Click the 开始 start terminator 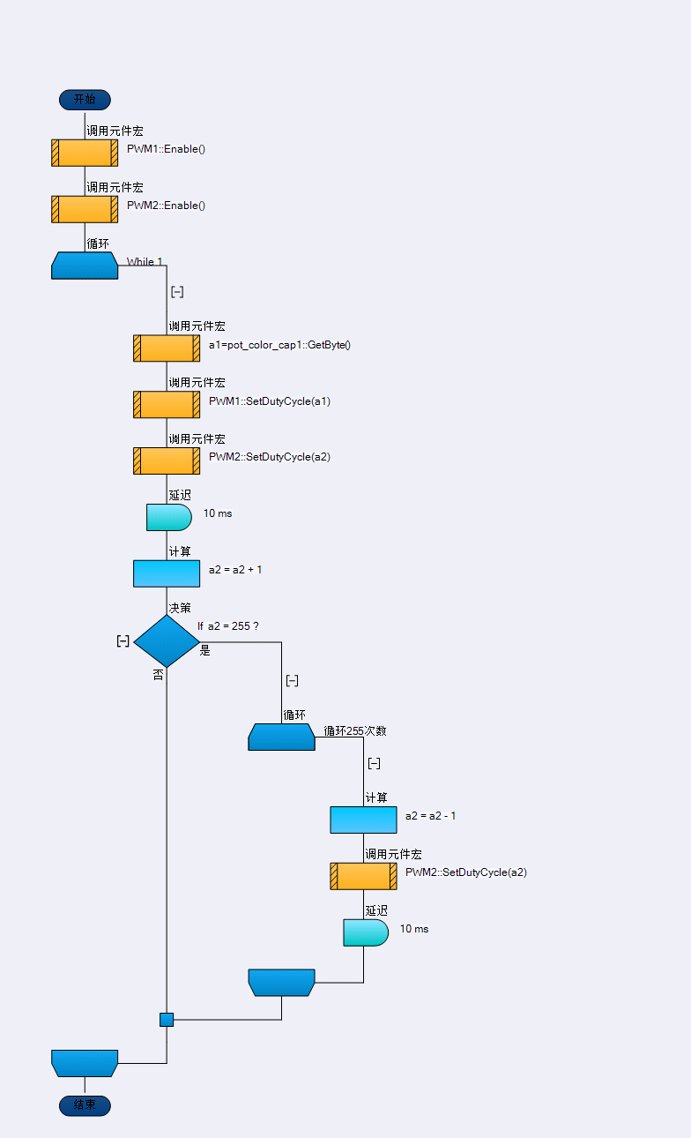pyautogui.click(x=85, y=100)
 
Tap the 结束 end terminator pyautogui.click(x=85, y=1105)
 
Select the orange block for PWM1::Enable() pyautogui.click(x=85, y=153)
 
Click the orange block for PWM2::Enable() pyautogui.click(x=85, y=209)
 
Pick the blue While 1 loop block pyautogui.click(x=85, y=266)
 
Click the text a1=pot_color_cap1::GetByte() pyautogui.click(x=279, y=345)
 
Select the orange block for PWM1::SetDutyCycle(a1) pyautogui.click(x=167, y=404)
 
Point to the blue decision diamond pyautogui.click(x=167, y=641)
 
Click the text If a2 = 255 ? pyautogui.click(x=227, y=625)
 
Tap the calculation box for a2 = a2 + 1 pyautogui.click(x=167, y=573)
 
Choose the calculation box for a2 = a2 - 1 pyautogui.click(x=363, y=820)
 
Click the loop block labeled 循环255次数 pyautogui.click(x=281, y=737)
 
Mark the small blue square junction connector pyautogui.click(x=167, y=1020)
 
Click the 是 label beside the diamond pyautogui.click(x=205, y=651)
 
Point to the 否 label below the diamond pyautogui.click(x=159, y=675)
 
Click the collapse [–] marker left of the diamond pyautogui.click(x=123, y=641)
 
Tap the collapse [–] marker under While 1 pyautogui.click(x=177, y=292)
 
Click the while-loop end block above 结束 pyautogui.click(x=85, y=1063)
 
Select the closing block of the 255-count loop pyautogui.click(x=281, y=982)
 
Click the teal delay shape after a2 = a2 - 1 pyautogui.click(x=365, y=932)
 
